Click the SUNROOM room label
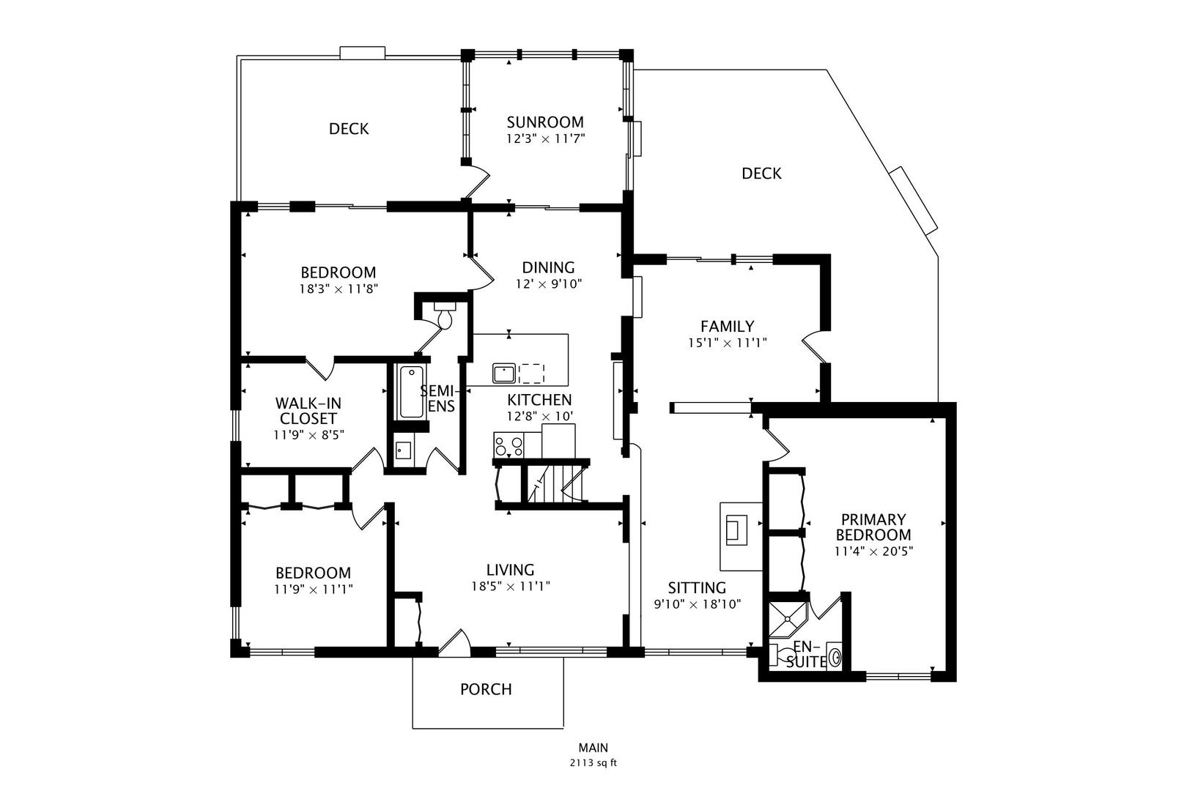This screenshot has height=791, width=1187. (545, 122)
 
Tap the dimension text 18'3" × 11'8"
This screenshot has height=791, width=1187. (338, 289)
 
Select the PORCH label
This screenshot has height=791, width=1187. (486, 689)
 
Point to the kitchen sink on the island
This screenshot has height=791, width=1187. (504, 374)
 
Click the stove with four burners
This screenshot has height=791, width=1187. (509, 445)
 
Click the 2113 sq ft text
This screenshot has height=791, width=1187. (593, 762)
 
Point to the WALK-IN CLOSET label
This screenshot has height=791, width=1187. (308, 411)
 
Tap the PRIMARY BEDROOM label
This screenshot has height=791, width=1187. (873, 527)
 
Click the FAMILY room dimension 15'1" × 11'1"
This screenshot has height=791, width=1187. (727, 342)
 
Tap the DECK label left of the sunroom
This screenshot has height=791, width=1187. (349, 129)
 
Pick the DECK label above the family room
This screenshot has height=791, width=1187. (761, 174)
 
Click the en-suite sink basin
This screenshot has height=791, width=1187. (835, 656)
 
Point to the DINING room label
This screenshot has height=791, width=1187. (548, 267)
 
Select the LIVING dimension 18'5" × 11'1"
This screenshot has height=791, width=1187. (511, 586)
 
